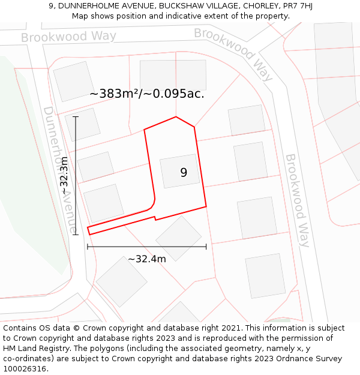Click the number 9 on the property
[184, 173]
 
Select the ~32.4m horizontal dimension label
[146, 259]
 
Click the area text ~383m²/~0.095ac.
[147, 94]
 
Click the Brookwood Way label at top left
[68, 37]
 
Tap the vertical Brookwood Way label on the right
[297, 200]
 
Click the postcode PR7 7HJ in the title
[298, 6]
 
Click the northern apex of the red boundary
[176, 117]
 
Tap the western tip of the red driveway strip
[88, 230]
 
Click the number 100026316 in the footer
[25, 369]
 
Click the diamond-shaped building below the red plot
[179, 238]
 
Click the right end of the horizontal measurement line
[206, 246]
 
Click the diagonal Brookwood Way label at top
[233, 54]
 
